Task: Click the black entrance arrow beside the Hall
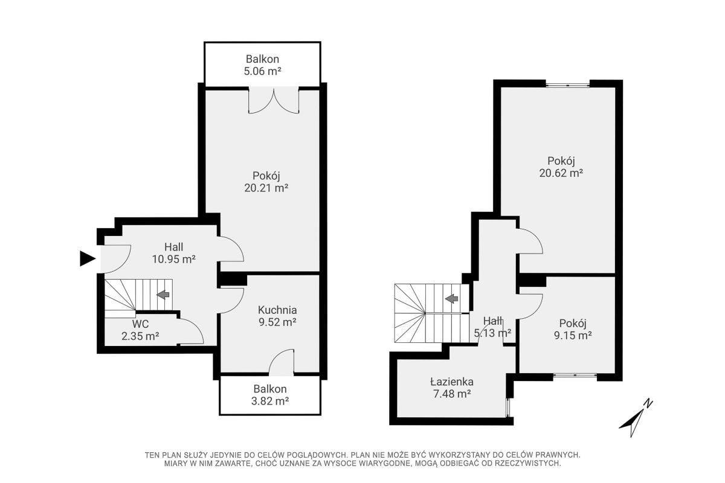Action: click(x=87, y=258)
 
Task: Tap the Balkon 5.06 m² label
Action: click(x=262, y=65)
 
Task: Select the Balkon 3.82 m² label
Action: click(x=270, y=395)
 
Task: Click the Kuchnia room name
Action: click(x=277, y=310)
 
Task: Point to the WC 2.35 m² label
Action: click(x=140, y=330)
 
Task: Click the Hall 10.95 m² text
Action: click(x=174, y=253)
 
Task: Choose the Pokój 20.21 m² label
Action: click(x=266, y=182)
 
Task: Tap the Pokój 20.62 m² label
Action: click(x=561, y=167)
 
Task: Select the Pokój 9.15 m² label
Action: click(x=573, y=329)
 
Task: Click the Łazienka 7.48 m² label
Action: click(x=452, y=388)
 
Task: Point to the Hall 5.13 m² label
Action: click(x=492, y=327)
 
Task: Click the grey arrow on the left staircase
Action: click(x=163, y=295)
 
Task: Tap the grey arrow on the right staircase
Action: click(x=451, y=299)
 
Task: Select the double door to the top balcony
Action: click(x=274, y=100)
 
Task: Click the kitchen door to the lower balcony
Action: click(x=282, y=362)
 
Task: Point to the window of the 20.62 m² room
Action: click(x=568, y=85)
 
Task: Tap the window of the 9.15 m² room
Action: click(x=575, y=376)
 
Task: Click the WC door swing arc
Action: click(x=195, y=328)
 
